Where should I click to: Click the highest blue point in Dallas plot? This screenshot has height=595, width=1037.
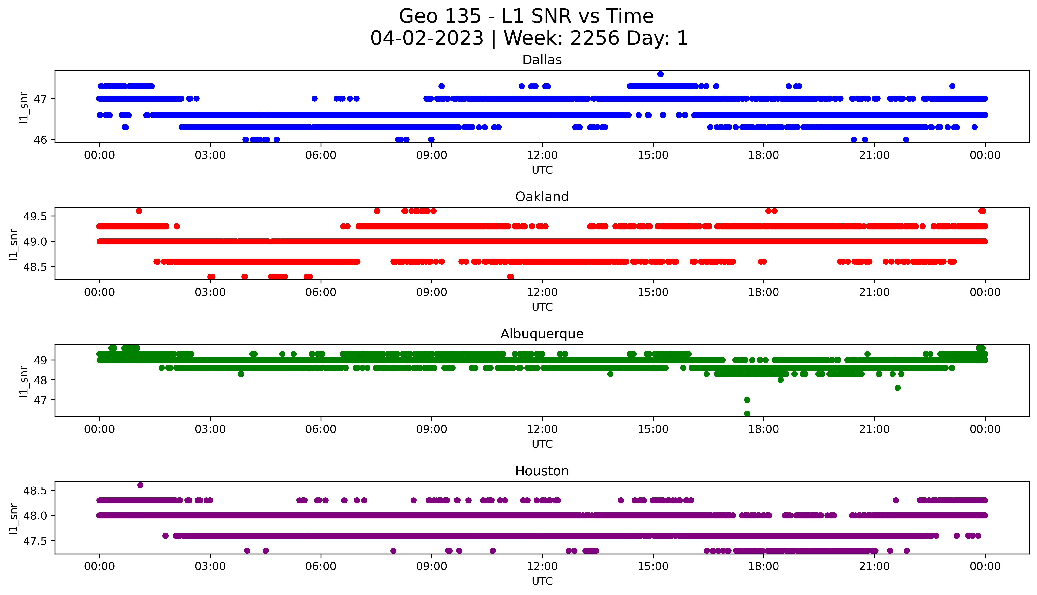click(x=660, y=74)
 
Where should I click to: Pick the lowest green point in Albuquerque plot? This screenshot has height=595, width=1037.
click(x=747, y=414)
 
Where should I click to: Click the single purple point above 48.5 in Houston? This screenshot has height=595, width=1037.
click(x=140, y=485)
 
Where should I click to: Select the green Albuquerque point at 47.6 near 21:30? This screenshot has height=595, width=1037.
click(x=898, y=388)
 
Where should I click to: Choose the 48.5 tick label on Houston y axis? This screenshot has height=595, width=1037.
click(x=34, y=490)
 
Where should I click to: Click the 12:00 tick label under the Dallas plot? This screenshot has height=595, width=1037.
click(x=542, y=155)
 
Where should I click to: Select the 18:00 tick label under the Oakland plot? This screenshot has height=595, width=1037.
click(x=763, y=293)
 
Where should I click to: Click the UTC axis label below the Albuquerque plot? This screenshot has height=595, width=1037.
click(x=542, y=444)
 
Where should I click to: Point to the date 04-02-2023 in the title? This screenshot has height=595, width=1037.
click(x=427, y=38)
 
